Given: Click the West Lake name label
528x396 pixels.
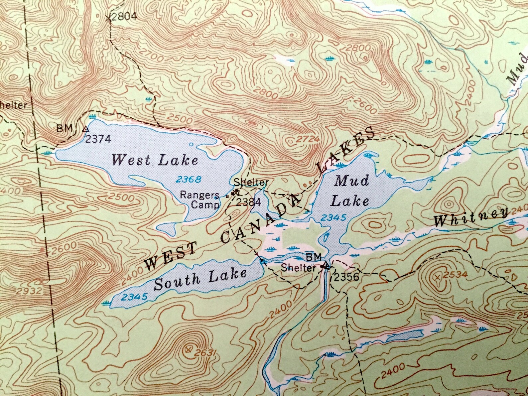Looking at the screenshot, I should [x=155, y=160].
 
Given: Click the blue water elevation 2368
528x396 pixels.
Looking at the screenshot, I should [x=189, y=180].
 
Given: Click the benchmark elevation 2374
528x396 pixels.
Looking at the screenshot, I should [x=98, y=139].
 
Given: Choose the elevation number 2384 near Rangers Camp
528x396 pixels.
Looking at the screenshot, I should [x=248, y=202].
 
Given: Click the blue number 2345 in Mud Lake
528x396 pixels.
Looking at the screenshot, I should [x=333, y=218].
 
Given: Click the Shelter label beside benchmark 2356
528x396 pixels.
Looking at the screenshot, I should [x=298, y=267].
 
